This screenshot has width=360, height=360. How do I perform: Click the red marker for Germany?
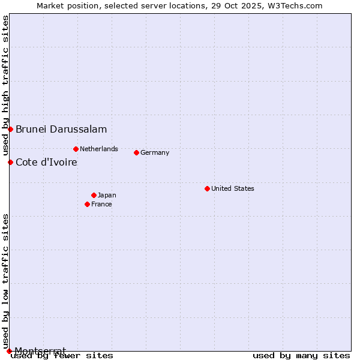click(136, 152)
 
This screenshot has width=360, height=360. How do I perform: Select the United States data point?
click(207, 188)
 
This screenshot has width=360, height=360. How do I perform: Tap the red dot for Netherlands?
click(76, 149)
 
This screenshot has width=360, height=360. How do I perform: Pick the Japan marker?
click(94, 195)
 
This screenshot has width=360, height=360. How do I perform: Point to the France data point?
click(87, 204)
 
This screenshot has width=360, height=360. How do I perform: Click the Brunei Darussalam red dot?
click(10, 129)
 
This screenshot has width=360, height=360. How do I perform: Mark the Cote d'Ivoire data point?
click(10, 162)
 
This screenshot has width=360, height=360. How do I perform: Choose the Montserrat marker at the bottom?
click(9, 351)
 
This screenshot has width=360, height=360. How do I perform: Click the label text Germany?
click(155, 152)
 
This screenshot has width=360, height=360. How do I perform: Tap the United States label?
click(232, 188)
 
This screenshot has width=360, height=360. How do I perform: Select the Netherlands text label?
click(99, 149)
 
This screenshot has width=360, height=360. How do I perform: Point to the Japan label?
click(107, 195)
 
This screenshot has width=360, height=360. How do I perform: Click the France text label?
click(101, 204)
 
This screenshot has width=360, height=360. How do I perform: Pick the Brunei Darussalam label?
click(61, 129)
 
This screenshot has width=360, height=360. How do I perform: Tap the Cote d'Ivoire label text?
click(46, 162)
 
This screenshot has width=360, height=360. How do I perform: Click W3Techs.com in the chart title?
click(296, 5)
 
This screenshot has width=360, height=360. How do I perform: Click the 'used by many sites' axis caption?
click(301, 356)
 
